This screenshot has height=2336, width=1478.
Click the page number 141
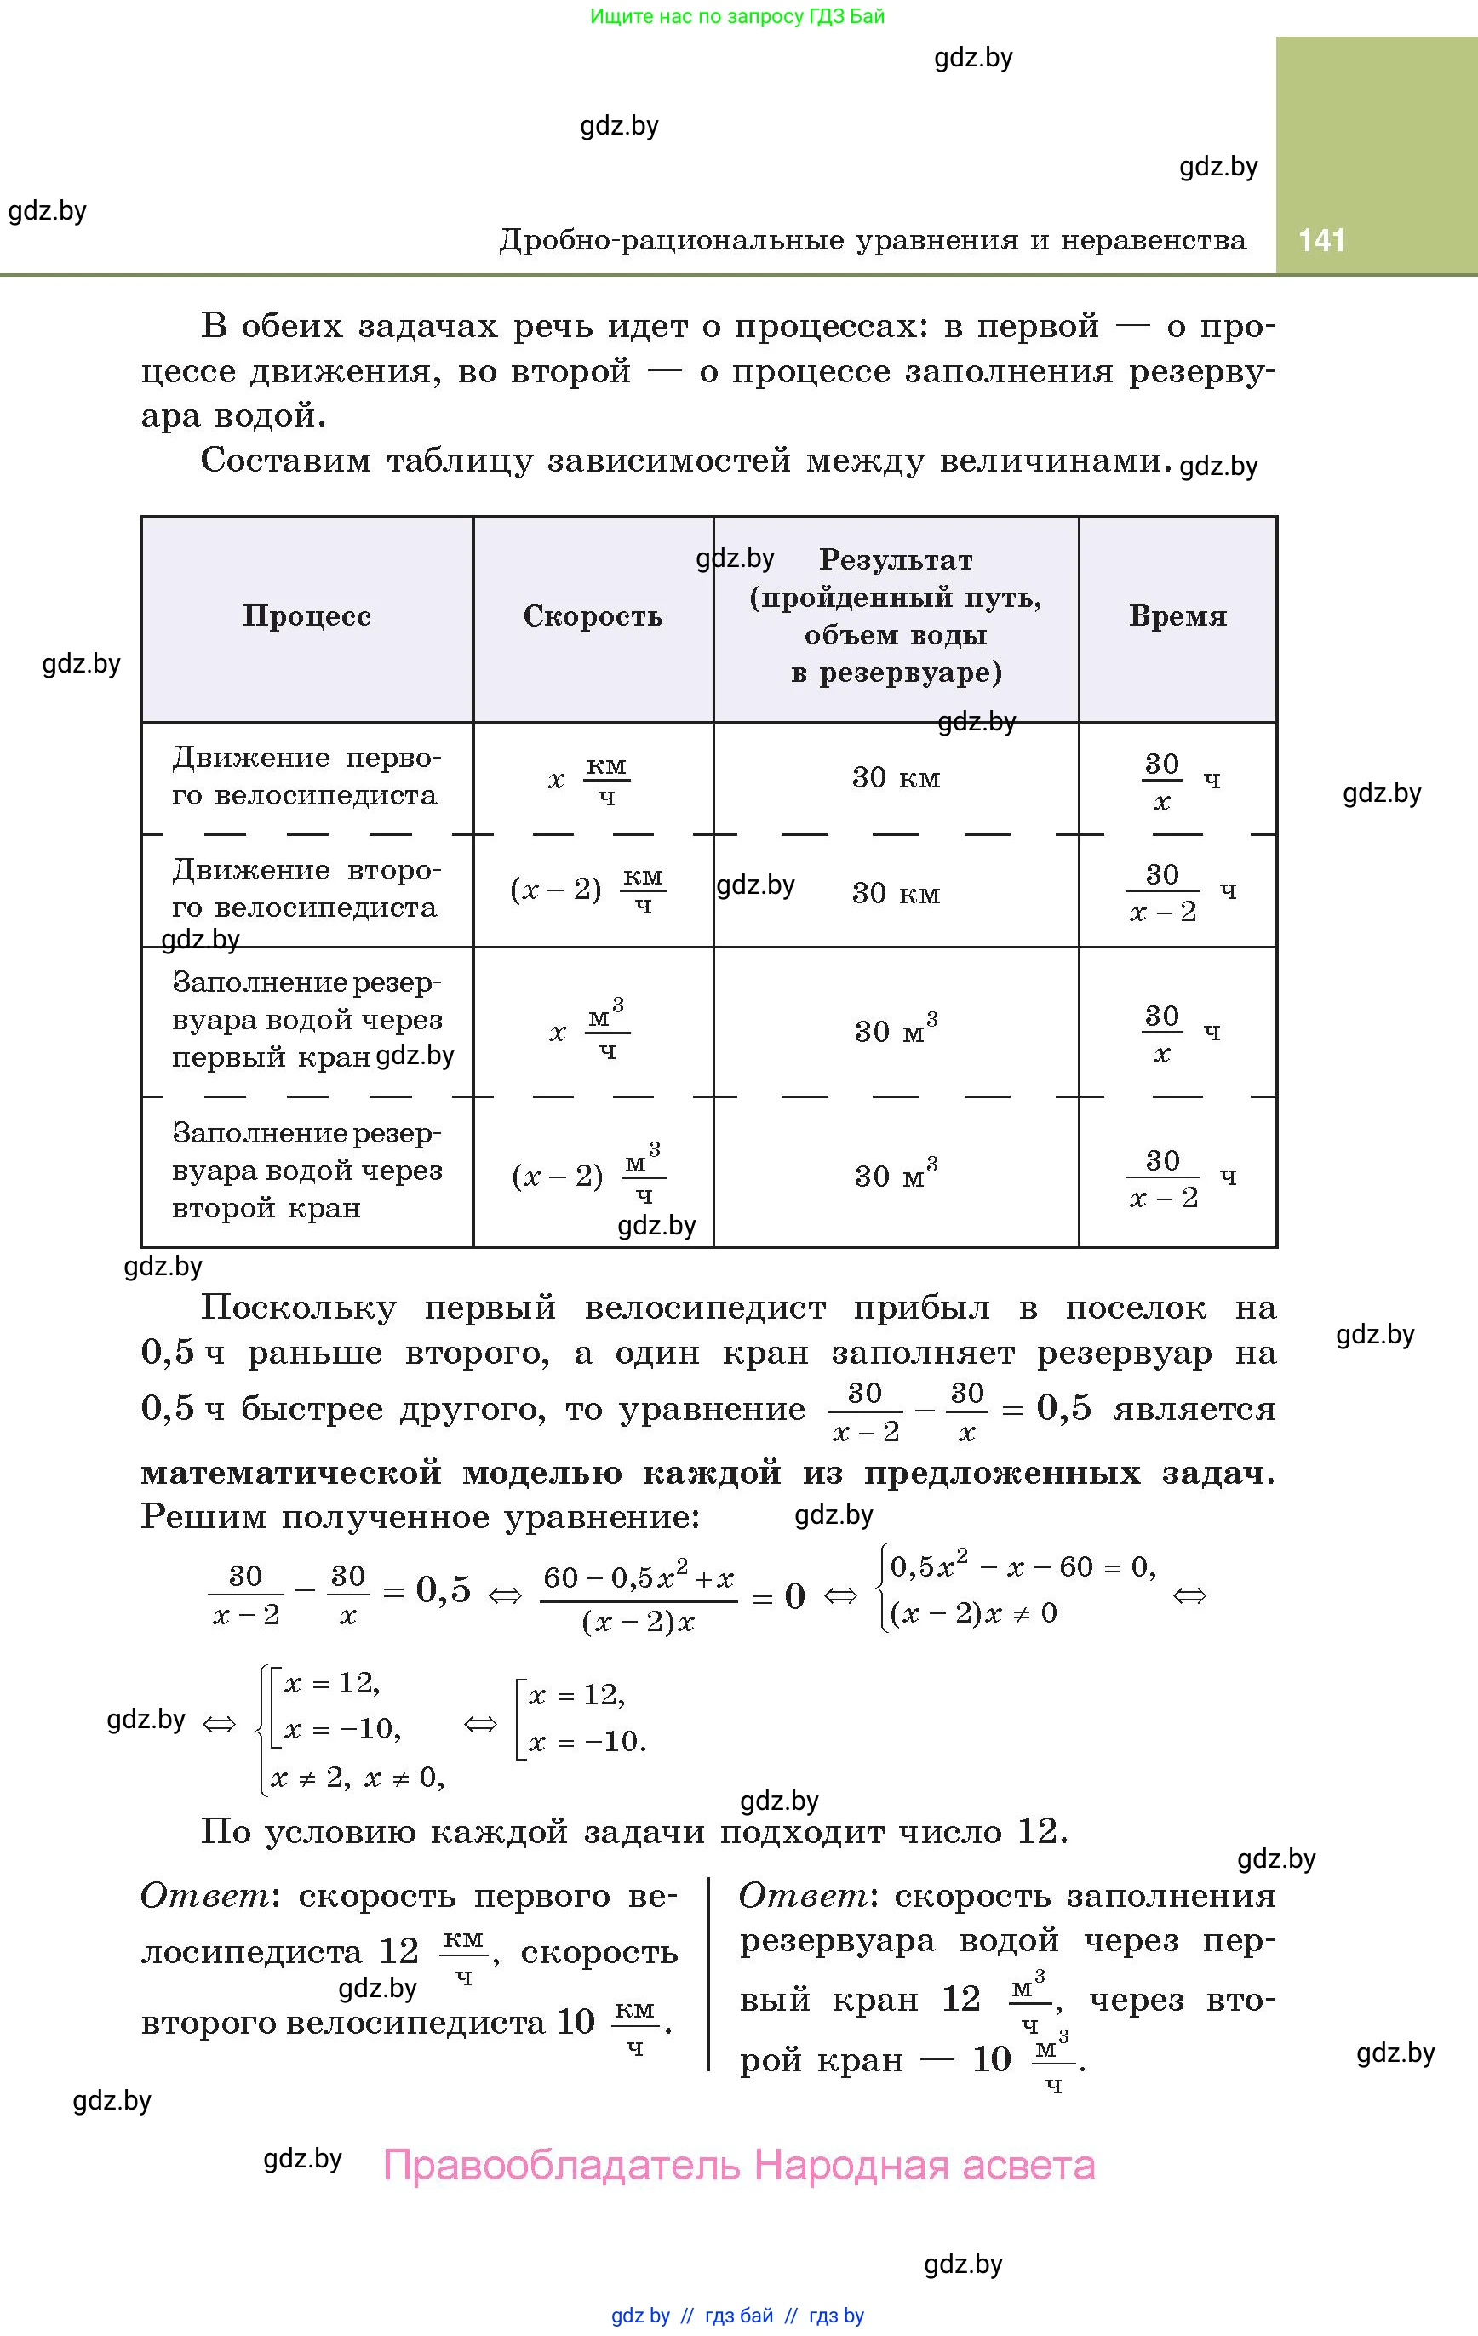coord(1321,239)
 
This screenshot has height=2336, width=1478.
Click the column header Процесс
coord(306,616)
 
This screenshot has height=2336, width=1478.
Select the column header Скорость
coord(593,616)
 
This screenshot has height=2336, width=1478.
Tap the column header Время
coord(1177,616)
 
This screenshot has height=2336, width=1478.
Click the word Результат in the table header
coord(896,560)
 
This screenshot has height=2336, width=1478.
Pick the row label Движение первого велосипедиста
coord(305,776)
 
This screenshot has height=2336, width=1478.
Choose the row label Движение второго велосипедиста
coord(305,889)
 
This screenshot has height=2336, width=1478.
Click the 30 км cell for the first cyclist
coord(896,778)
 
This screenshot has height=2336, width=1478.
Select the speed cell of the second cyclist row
coord(588,890)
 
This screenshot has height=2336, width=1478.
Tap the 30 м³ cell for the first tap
coord(896,1030)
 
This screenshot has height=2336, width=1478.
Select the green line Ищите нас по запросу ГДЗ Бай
coord(737,16)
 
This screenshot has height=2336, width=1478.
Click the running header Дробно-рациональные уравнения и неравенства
coord(873,239)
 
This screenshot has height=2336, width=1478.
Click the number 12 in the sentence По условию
coord(1039,1831)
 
